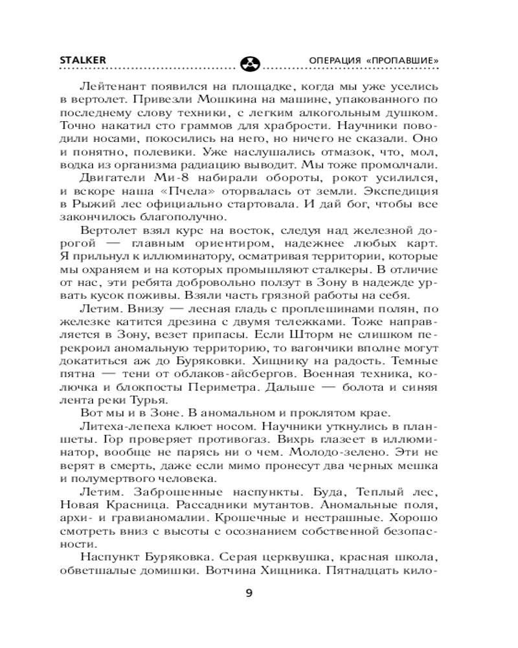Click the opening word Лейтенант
click(111, 86)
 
